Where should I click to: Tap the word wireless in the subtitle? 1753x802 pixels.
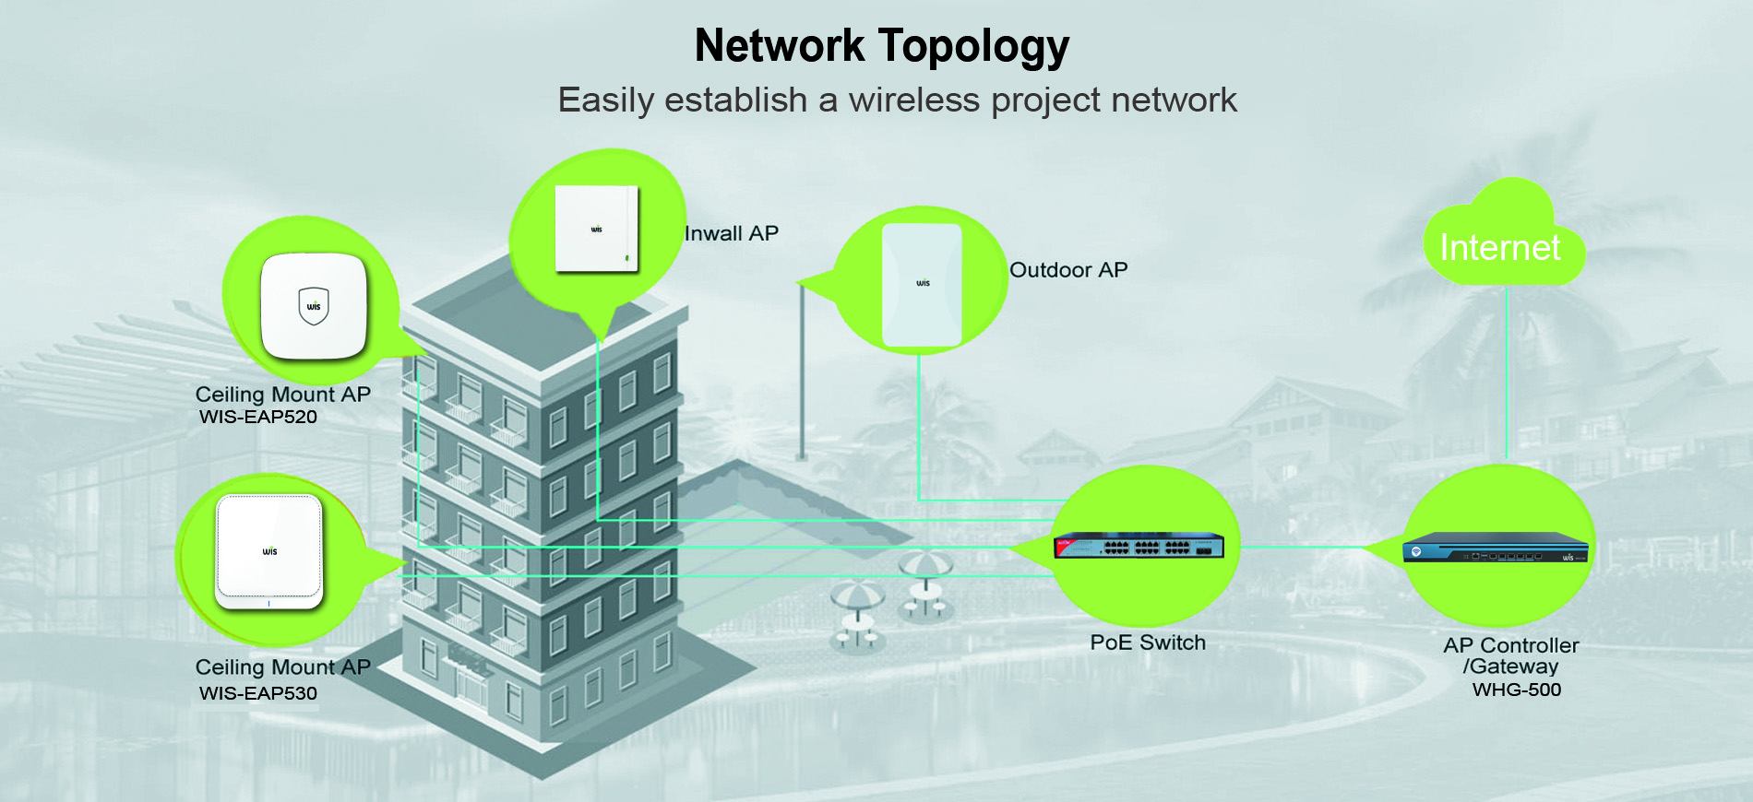pyautogui.click(x=913, y=100)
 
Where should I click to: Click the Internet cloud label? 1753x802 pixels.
pyautogui.click(x=1500, y=247)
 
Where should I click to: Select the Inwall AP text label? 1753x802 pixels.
pyautogui.click(x=732, y=233)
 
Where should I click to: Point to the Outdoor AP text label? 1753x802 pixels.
pyautogui.click(x=1068, y=270)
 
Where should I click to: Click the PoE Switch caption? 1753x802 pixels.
pyautogui.click(x=1148, y=643)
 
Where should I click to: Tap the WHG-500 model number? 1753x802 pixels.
pyautogui.click(x=1517, y=690)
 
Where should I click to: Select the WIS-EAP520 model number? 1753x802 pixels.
pyautogui.click(x=258, y=417)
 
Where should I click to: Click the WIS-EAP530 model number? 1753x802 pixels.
pyautogui.click(x=258, y=693)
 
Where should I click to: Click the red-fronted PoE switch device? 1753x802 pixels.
pyautogui.click(x=1139, y=547)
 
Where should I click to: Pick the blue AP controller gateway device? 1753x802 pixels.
pyautogui.click(x=1496, y=548)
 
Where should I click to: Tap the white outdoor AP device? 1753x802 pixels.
pyautogui.click(x=922, y=285)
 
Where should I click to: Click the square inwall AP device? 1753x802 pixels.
pyautogui.click(x=597, y=229)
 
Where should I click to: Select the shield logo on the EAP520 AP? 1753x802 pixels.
pyautogui.click(x=314, y=306)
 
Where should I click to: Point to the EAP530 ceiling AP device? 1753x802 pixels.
pyautogui.click(x=269, y=551)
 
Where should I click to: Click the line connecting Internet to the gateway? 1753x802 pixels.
pyautogui.click(x=1507, y=372)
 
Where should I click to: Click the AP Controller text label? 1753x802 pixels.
pyautogui.click(x=1511, y=645)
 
